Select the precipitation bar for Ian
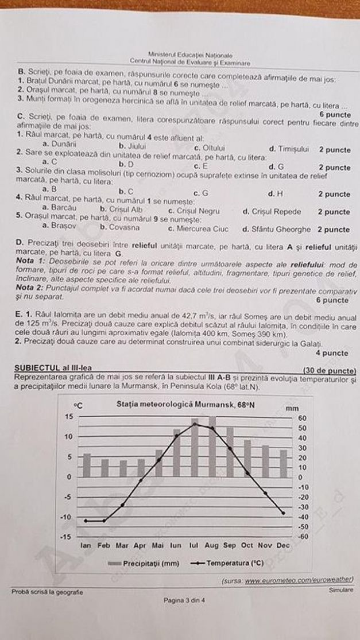click(x=87, y=466)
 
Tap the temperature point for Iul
click(x=195, y=424)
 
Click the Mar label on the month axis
click(x=122, y=545)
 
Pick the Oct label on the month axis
click(x=247, y=545)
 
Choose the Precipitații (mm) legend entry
click(x=144, y=564)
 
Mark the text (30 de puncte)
click(x=329, y=370)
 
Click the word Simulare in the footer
click(x=341, y=589)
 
